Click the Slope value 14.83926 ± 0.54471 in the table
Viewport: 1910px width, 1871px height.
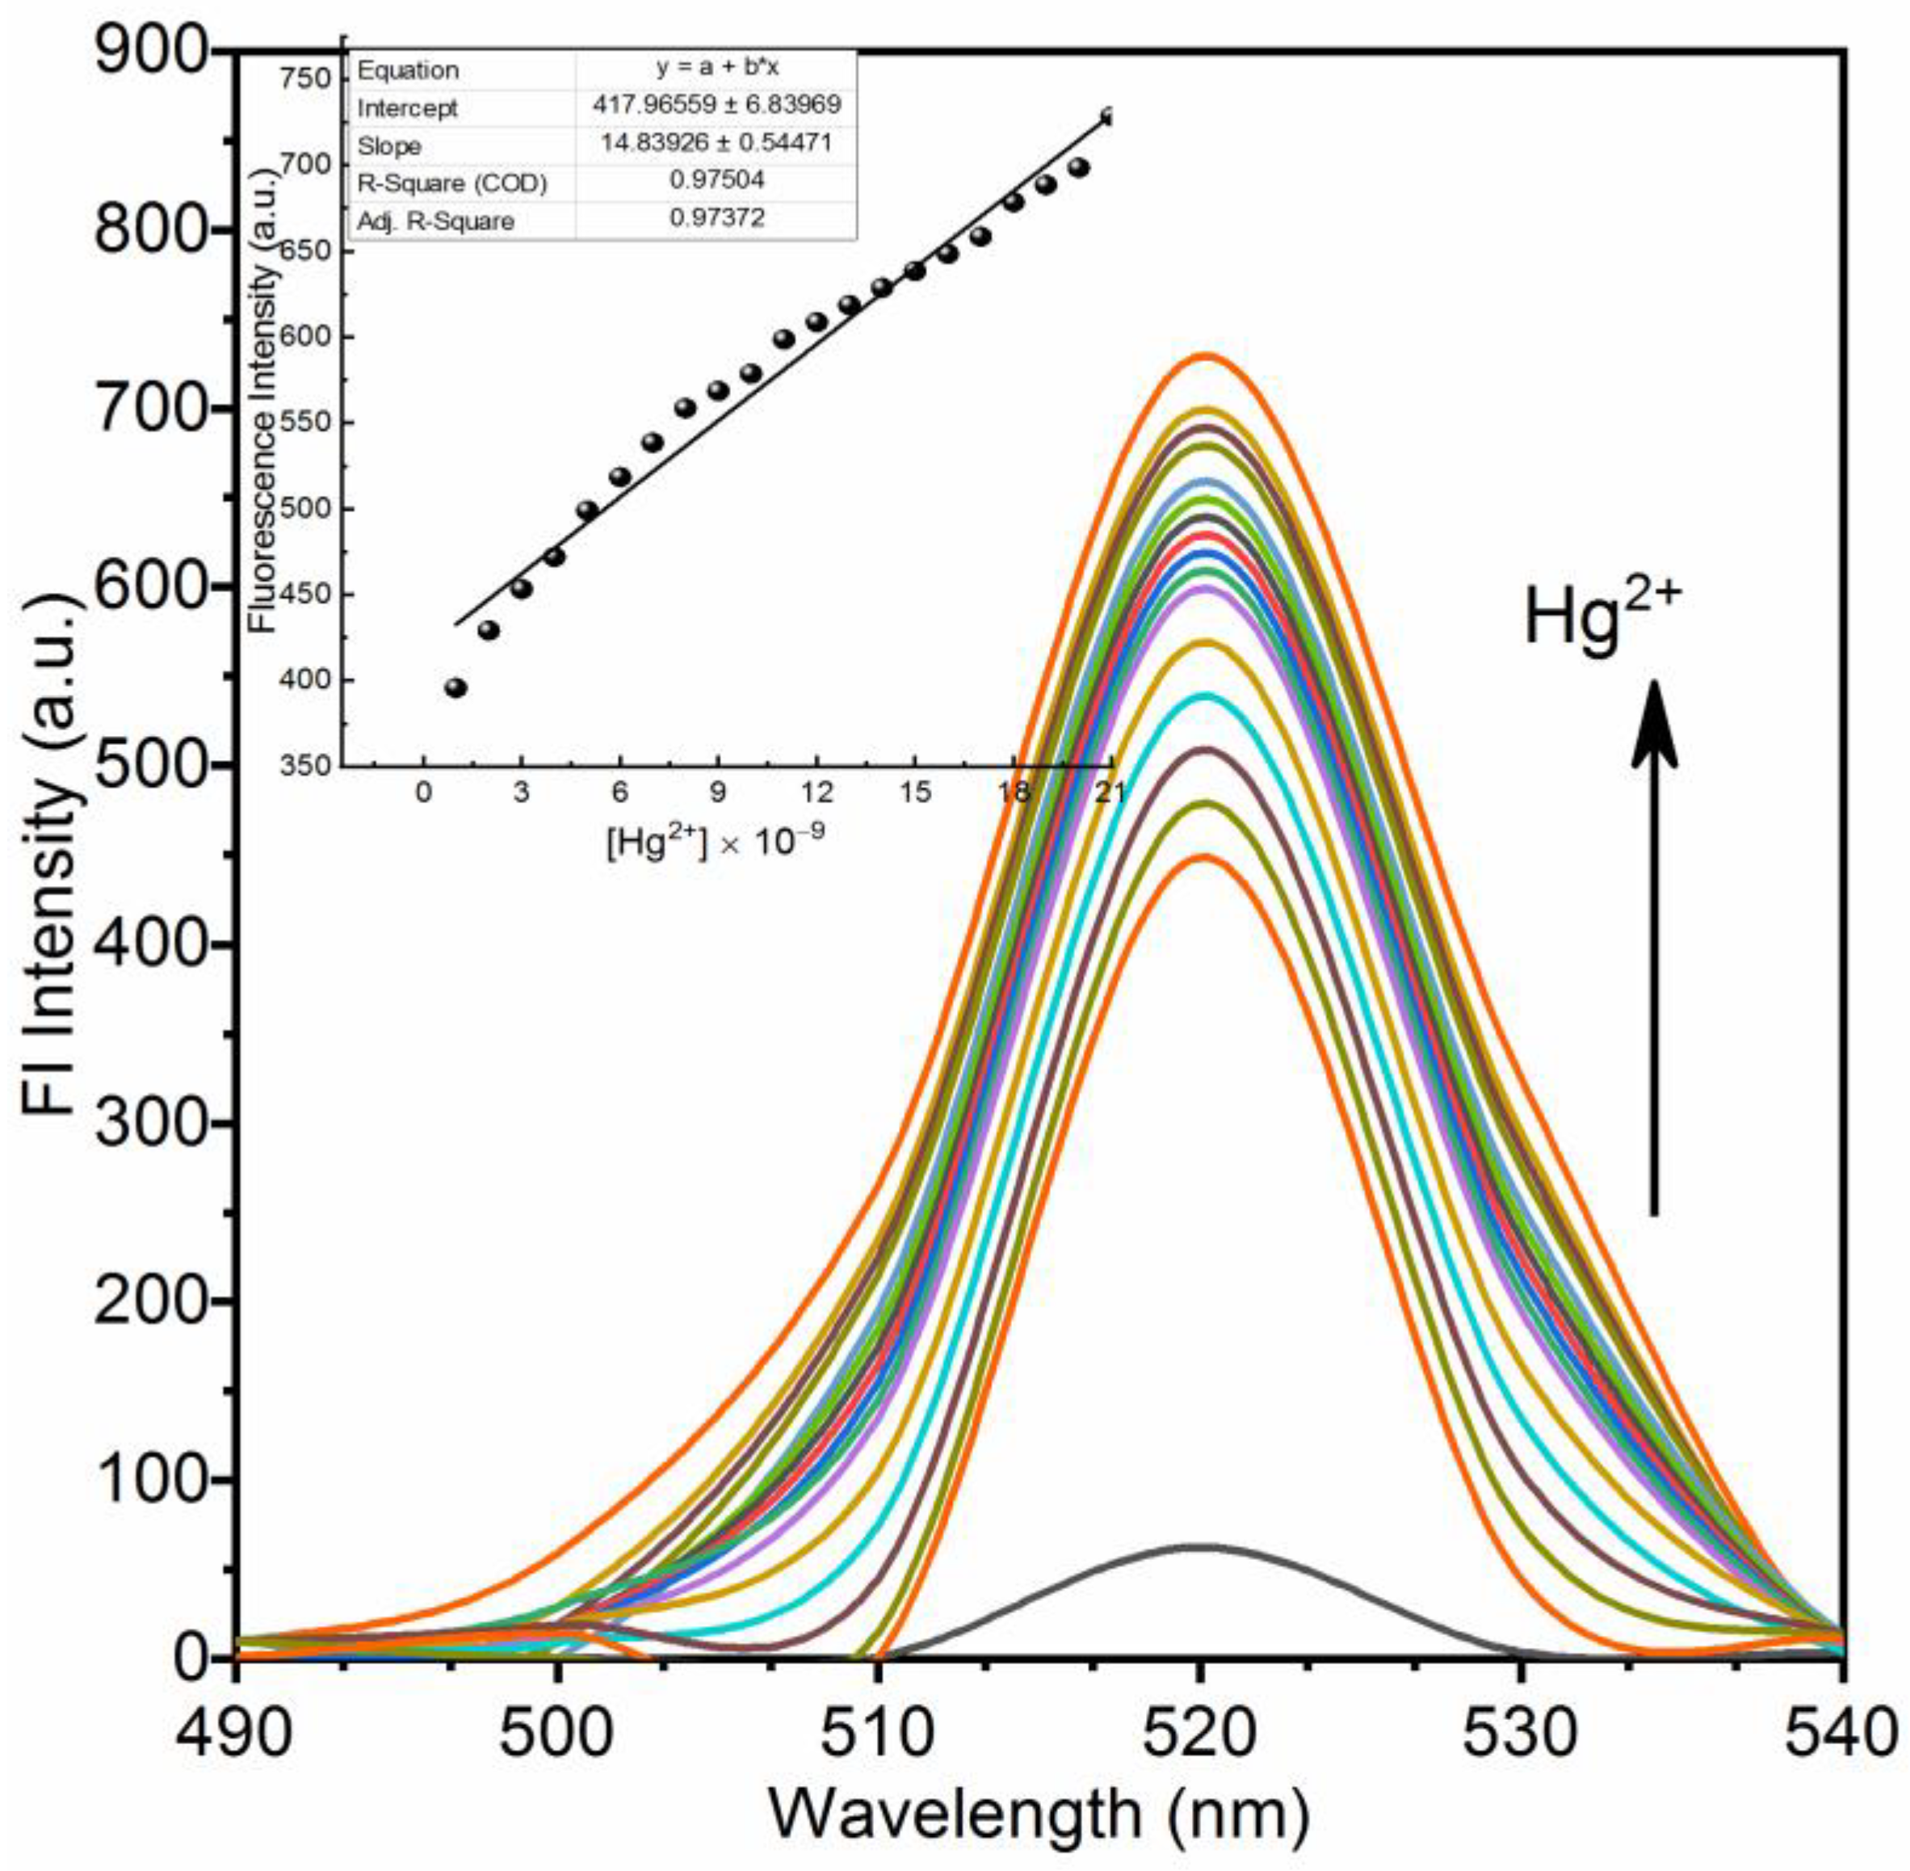pyautogui.click(x=716, y=144)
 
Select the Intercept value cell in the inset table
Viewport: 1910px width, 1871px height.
pyautogui.click(x=716, y=105)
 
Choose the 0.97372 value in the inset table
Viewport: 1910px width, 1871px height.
pyautogui.click(x=716, y=218)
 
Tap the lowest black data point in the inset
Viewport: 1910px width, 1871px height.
pyautogui.click(x=455, y=687)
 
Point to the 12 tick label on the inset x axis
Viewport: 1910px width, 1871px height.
pyautogui.click(x=816, y=792)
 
